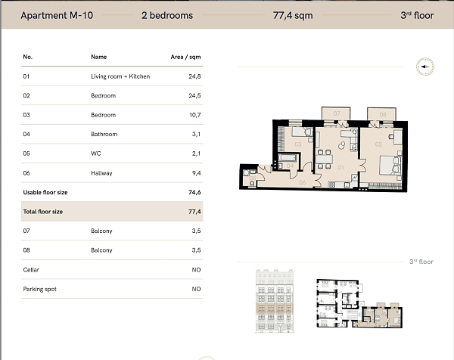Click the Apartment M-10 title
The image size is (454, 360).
pyautogui.click(x=57, y=15)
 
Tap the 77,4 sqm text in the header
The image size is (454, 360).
pyautogui.click(x=293, y=15)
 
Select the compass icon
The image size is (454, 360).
pyautogui.click(x=425, y=67)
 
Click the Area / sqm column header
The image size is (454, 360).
pyautogui.click(x=185, y=57)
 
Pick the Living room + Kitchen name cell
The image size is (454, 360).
pyautogui.click(x=120, y=76)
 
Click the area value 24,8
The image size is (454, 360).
pyautogui.click(x=194, y=76)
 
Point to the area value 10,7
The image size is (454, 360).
pyautogui.click(x=195, y=115)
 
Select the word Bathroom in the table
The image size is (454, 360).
pyautogui.click(x=104, y=134)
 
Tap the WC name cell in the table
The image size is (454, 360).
pyautogui.click(x=96, y=154)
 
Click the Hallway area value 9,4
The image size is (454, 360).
pyautogui.click(x=196, y=173)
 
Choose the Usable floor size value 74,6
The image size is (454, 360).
pyautogui.click(x=194, y=192)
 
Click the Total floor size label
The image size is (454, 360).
pyautogui.click(x=43, y=212)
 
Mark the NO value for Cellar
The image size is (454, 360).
pyautogui.click(x=196, y=270)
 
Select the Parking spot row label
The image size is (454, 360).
pyautogui.click(x=39, y=289)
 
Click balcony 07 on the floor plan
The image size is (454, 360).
pyautogui.click(x=336, y=113)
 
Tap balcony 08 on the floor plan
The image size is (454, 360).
pyautogui.click(x=381, y=114)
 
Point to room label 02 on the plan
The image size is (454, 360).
pyautogui.click(x=378, y=144)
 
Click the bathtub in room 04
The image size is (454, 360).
pyautogui.click(x=288, y=158)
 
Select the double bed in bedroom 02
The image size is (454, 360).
pyautogui.click(x=390, y=166)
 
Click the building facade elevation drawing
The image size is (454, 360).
pyautogui.click(x=275, y=301)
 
